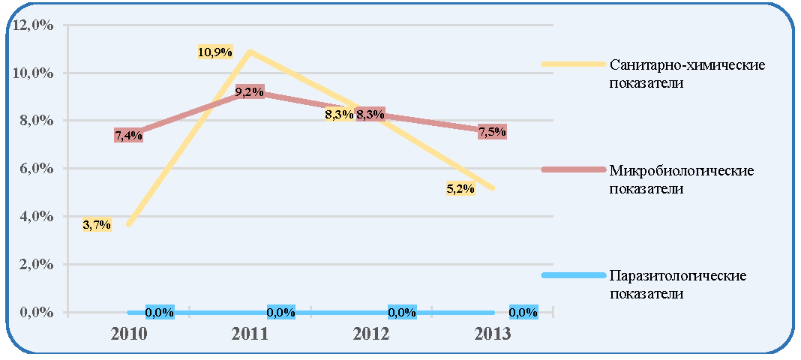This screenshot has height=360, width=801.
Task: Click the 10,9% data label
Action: click(x=215, y=52)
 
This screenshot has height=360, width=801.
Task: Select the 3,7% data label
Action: click(x=97, y=225)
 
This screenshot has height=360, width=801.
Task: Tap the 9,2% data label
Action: click(x=250, y=92)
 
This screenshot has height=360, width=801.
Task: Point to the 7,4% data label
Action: click(x=129, y=135)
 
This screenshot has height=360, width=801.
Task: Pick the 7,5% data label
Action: click(x=492, y=132)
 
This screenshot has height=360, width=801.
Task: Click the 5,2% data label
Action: click(x=460, y=189)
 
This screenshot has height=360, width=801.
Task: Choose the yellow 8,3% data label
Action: click(x=339, y=115)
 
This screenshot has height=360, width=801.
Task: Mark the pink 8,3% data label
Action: click(x=370, y=115)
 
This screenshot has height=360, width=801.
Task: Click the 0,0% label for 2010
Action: click(x=160, y=312)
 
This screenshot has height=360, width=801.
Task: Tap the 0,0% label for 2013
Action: click(x=523, y=312)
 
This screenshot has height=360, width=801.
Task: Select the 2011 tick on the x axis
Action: click(x=250, y=334)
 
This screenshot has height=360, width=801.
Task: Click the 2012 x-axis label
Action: click(x=370, y=334)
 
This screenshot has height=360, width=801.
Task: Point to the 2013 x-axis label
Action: click(x=493, y=334)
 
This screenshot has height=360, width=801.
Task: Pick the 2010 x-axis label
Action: click(x=129, y=334)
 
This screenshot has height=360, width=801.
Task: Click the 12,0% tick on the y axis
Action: click(x=34, y=25)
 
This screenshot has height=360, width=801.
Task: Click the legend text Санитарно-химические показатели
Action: click(x=686, y=73)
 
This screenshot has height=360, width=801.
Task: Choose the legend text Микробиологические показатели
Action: click(x=682, y=178)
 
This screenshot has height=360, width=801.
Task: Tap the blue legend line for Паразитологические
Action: click(x=573, y=276)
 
